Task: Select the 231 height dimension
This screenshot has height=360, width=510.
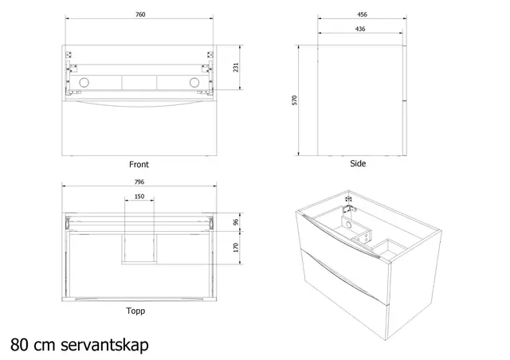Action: pos(235,68)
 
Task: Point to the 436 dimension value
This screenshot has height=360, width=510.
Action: pos(361,30)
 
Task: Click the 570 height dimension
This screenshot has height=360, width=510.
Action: pos(295,100)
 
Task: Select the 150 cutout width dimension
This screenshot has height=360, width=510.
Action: pos(139,196)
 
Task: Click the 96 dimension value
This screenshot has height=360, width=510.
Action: pos(236,222)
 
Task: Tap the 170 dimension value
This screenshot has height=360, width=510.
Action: pos(236,248)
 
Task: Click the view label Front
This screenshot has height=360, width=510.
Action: pos(139,165)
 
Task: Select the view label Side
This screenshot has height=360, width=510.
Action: pos(358,163)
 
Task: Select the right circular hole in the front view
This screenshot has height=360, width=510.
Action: pos(193,84)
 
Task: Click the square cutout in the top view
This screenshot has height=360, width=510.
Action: pos(139,247)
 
